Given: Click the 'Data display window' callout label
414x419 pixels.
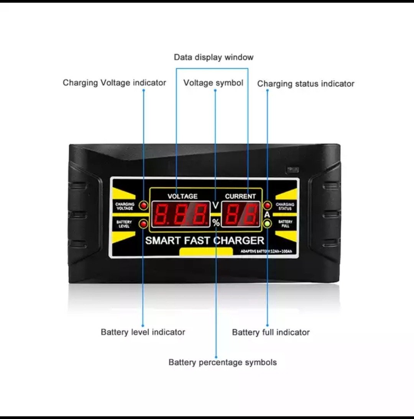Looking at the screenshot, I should coord(214,57).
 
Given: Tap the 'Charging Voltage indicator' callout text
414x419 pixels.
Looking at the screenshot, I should coord(114,83).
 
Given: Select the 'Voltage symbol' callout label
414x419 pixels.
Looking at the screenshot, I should coord(213,83).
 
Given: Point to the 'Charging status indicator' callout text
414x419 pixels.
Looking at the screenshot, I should coord(306,84).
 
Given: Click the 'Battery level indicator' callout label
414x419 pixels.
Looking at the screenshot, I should coord(143,332).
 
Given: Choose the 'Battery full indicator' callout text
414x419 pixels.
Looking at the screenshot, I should coord(271,332).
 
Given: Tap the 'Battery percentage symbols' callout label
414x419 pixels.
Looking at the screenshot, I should coord(222,362).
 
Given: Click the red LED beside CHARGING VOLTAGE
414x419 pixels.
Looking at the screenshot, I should coord(144,206).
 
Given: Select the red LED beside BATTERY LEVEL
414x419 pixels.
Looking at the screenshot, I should coord(144,224).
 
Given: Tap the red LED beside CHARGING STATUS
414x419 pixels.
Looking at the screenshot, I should coord(268,206).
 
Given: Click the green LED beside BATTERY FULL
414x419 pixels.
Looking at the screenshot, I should coord(268,223).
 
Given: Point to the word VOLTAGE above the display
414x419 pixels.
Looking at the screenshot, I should coord(182,196).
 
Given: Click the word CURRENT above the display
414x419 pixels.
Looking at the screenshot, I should coord(240,196).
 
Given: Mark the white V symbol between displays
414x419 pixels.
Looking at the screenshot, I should coord(216,206).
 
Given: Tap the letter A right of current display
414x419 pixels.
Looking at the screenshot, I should coord(267,215).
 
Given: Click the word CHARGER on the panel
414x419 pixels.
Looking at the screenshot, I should coord(238,241).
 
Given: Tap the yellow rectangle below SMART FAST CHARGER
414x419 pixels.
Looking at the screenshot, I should coord(206,251).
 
